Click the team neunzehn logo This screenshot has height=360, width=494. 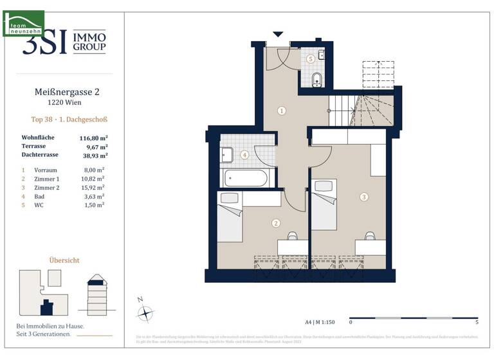pos(24,24)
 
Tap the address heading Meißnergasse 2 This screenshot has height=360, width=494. pos(66,92)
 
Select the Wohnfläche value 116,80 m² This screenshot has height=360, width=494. pos(93,138)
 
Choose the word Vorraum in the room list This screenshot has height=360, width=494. pos(48,170)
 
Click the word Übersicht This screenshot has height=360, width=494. pos(65,260)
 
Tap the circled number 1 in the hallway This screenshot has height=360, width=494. pos(282,111)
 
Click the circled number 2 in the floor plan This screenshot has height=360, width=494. pos(276,223)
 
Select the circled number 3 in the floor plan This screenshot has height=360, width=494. pos(364,197)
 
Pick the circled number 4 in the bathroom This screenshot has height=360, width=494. pos(244,155)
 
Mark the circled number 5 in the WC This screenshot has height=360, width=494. pos(311,59)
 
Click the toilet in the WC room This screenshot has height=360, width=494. pos(316,80)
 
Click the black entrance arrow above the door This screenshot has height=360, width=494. pos(278,33)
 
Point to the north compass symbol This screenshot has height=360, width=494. pos(147,313)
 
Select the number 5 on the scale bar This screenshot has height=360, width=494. pos(476,321)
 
